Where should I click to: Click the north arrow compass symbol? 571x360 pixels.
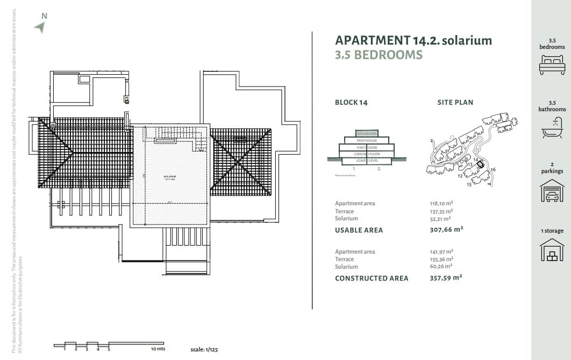(39, 27)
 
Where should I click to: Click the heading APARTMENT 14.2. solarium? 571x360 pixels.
(413, 40)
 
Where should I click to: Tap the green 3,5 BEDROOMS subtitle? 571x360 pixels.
(379, 55)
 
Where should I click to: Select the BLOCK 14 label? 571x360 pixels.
(351, 103)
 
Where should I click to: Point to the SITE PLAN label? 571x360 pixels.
(455, 103)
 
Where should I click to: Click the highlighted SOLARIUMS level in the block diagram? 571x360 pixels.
(367, 133)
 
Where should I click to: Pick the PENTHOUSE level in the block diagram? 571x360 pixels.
(367, 140)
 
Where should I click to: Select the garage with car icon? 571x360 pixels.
(552, 190)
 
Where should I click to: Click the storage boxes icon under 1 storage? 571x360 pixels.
(552, 250)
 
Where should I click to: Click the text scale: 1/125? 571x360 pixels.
(204, 350)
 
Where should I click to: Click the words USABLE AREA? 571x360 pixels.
(359, 230)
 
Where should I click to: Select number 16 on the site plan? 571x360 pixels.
(493, 170)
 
